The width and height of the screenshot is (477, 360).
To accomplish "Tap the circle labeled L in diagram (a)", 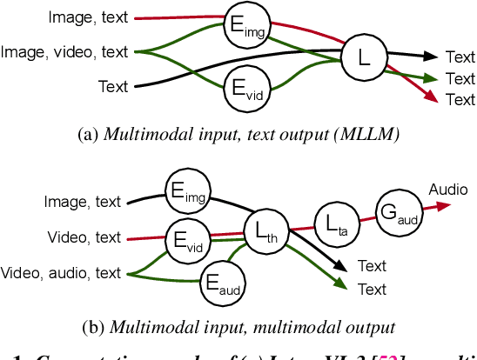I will click(362, 59).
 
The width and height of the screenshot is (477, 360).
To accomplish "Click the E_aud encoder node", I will click(222, 283).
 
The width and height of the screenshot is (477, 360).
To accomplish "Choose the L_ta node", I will click(334, 223).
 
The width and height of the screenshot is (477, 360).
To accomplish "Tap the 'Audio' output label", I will click(448, 189).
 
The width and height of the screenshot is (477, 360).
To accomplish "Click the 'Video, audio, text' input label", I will click(62, 273).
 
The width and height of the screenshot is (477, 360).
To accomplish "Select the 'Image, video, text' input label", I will click(64, 52).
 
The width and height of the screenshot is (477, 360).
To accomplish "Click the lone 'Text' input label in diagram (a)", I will click(113, 86).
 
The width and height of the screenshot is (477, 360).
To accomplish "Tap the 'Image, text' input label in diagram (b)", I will click(84, 203).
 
